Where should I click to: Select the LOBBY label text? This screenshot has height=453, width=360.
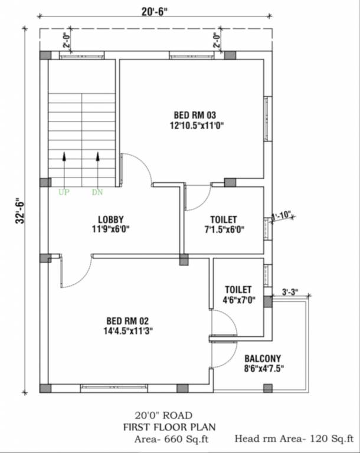[111, 219]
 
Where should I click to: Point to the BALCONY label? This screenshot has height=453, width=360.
[263, 358]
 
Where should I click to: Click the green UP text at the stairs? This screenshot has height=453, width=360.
[63, 192]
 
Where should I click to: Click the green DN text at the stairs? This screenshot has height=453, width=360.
[97, 192]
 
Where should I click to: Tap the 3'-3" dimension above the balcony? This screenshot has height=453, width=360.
[290, 291]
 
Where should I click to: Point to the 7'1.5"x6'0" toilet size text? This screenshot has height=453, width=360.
[224, 229]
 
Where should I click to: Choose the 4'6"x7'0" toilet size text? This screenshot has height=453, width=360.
[238, 300]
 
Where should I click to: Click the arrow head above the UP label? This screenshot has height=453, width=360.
[63, 156]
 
